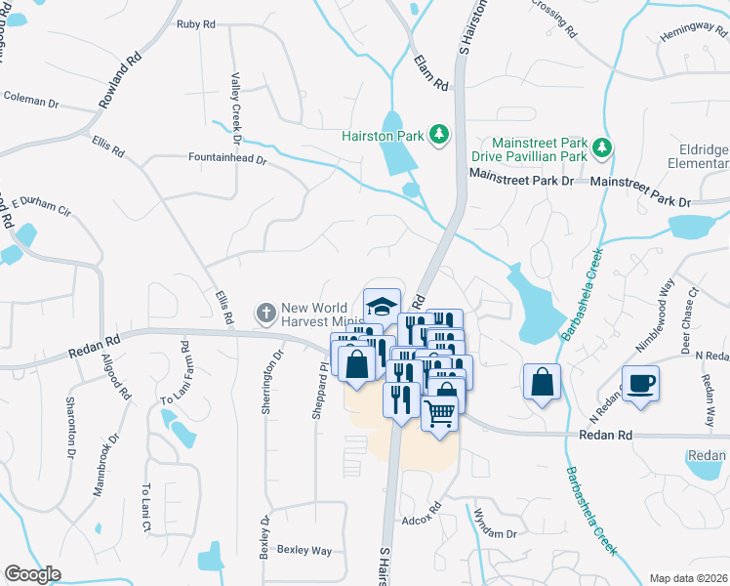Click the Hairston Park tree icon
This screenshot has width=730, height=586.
439,135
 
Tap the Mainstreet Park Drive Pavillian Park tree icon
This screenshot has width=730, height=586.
604,148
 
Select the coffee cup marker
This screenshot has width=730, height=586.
640,383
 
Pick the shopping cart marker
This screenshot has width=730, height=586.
440,411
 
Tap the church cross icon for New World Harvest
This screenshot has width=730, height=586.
264,313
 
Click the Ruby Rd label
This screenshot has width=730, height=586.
195,24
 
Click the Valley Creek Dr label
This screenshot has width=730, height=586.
235,103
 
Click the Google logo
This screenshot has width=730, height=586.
32,574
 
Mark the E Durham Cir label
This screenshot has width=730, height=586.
41,206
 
